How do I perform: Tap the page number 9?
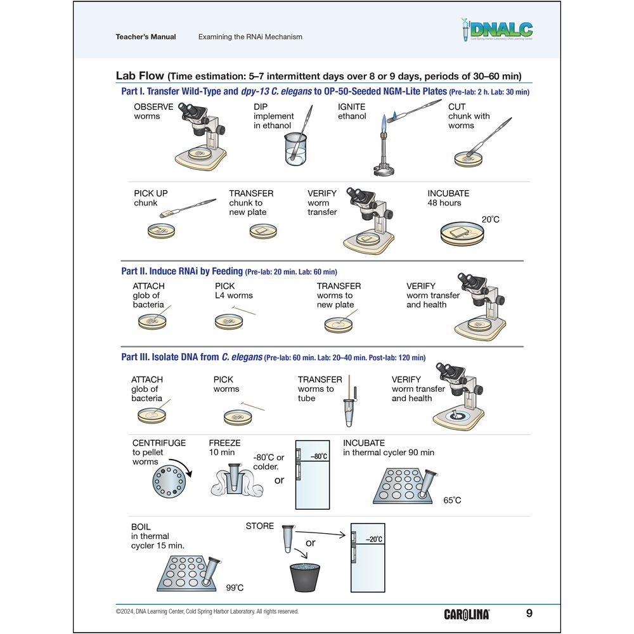pos(529,613)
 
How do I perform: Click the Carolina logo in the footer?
pos(467,614)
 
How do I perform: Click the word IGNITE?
pos(351,107)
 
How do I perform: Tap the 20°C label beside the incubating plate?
pos(490,219)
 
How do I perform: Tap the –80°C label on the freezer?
pos(318,456)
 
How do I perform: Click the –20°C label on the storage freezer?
pos(374,539)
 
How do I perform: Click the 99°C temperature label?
pos(234,588)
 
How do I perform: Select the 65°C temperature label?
pos(452,500)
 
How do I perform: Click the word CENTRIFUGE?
pos(158,443)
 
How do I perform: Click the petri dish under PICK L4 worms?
pos(229,322)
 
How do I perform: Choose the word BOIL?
pos(141,527)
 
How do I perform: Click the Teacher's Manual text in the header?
pos(146,37)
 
